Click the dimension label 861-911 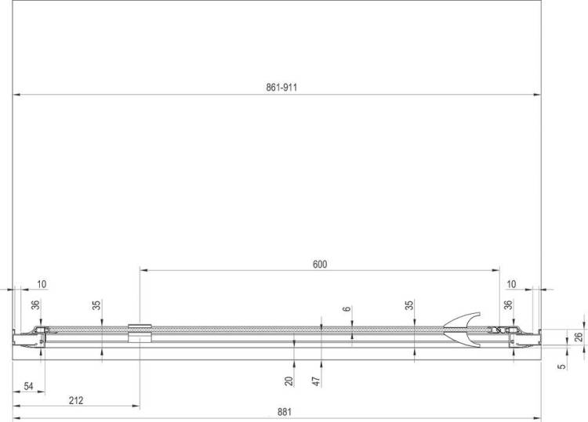tap(281, 88)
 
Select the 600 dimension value tap(320, 265)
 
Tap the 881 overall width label tap(285, 412)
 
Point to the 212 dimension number tap(76, 400)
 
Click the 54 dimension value tap(28, 386)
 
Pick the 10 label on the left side tap(42, 284)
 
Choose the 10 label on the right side tap(511, 284)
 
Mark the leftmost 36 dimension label tap(34, 305)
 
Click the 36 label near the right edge tap(508, 305)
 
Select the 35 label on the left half tap(96, 305)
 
